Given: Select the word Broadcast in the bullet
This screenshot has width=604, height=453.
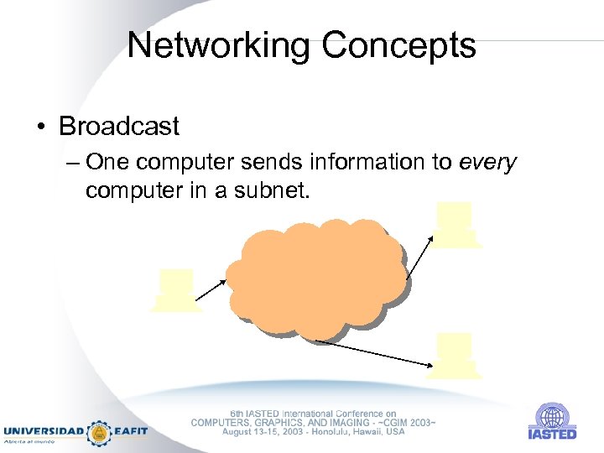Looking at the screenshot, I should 119,127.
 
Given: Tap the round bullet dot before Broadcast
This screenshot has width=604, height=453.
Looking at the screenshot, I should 40,128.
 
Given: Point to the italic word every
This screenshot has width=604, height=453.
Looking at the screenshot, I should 488,161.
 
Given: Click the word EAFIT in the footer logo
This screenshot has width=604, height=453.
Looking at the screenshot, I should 129,431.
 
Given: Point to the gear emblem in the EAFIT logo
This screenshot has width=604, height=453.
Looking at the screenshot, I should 99,431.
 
